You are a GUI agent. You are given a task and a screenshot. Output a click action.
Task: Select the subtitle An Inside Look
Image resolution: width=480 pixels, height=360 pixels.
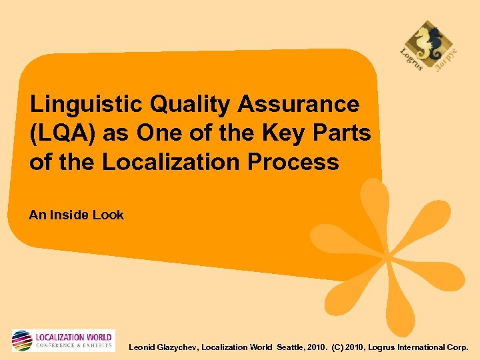tap(76, 215)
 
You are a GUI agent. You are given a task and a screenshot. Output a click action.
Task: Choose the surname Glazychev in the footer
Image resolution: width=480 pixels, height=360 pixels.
tap(181, 347)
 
